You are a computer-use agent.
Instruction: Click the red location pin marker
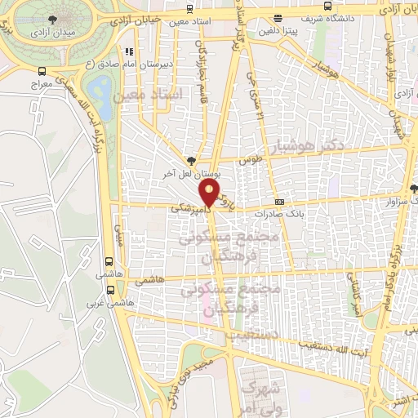pos(210,193)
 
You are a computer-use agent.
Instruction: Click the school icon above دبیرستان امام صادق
pos(128,51)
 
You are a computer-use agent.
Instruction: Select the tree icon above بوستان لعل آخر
pos(191,161)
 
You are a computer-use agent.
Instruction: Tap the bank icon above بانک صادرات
pos(280,202)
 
